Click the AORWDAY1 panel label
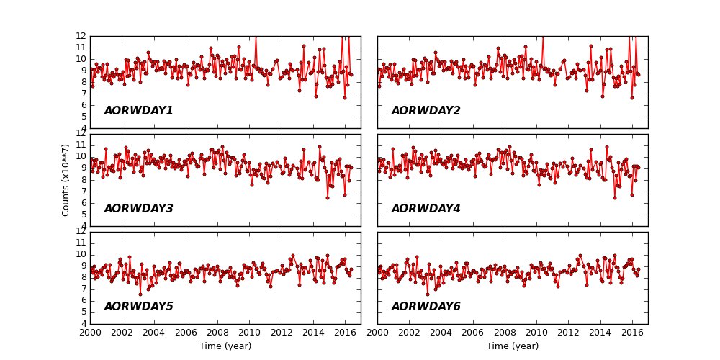tap(138, 111)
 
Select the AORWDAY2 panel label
tap(426, 111)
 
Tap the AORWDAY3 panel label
tap(138, 209)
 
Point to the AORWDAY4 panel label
tap(426, 209)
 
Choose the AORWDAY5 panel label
tap(138, 307)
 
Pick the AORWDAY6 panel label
tap(426, 307)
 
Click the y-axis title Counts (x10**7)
tap(66, 180)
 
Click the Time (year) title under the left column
tap(225, 346)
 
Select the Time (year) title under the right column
tap(513, 346)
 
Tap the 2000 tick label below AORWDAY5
tap(90, 333)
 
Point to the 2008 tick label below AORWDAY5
tap(217, 333)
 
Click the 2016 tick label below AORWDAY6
tap(632, 333)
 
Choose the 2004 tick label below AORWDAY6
tap(441, 333)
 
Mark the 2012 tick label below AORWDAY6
tap(569, 333)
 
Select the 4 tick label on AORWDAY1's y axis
tap(83, 128)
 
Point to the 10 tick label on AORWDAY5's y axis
tap(81, 254)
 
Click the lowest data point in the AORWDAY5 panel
tap(140, 294)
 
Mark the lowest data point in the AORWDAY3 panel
tap(327, 197)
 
